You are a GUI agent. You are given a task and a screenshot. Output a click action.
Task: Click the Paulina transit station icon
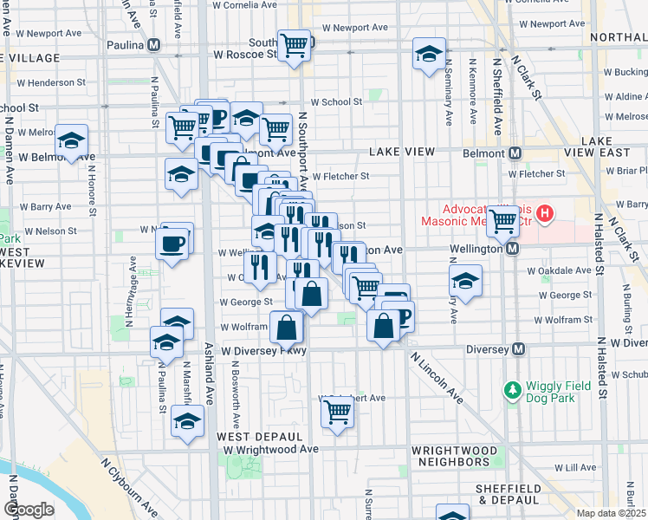153,44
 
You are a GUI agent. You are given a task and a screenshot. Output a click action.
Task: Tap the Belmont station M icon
515,153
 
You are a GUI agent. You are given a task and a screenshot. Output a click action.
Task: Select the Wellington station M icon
512,249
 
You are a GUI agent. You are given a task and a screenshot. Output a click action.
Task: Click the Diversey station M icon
518,349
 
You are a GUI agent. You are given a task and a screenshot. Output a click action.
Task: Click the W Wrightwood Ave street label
270,449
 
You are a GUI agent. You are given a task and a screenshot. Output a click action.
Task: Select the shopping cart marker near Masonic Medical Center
503,221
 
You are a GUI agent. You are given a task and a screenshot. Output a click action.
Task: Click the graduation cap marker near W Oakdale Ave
465,281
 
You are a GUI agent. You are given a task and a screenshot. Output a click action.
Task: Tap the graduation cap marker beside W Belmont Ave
71,140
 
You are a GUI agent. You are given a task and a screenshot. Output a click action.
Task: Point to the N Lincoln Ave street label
437,378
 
